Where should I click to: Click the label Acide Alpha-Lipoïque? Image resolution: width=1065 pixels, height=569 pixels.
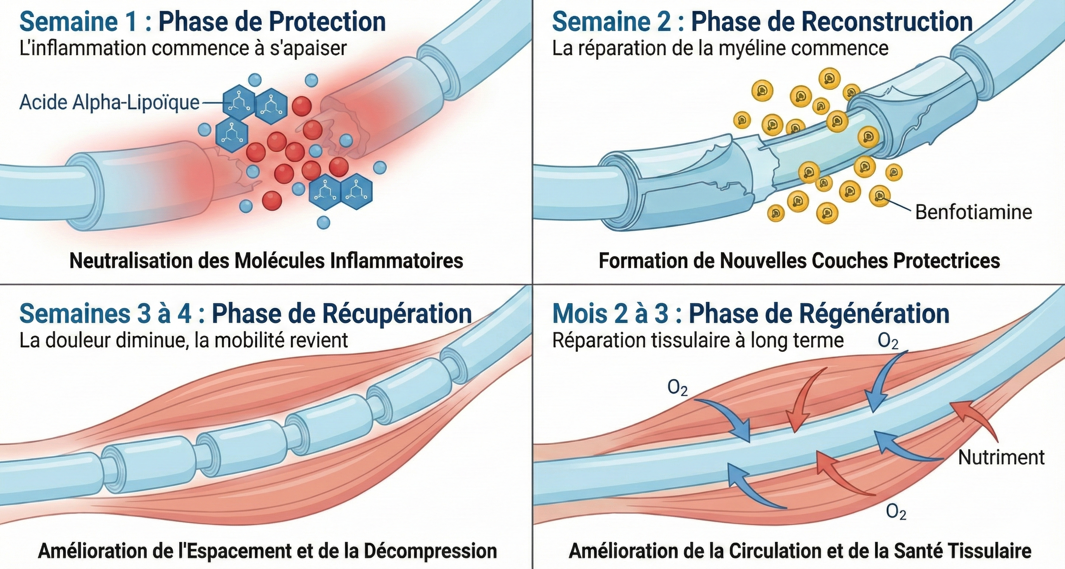pos(109,102)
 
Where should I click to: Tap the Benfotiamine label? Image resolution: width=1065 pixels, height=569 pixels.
pos(973,212)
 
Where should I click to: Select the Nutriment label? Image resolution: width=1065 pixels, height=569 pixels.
pos(1001,457)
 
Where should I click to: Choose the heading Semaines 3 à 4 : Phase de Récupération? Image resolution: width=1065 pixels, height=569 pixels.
pos(245,314)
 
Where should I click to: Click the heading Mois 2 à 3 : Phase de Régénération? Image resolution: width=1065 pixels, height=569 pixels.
pos(750,314)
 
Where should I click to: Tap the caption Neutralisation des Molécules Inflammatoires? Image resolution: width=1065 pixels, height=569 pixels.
pos(266,261)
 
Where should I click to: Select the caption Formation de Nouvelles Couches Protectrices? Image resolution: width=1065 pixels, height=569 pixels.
pos(799,261)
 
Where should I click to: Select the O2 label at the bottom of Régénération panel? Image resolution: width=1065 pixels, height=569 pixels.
pos(896,513)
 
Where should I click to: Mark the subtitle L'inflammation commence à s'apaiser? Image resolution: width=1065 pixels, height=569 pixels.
pos(182,48)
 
